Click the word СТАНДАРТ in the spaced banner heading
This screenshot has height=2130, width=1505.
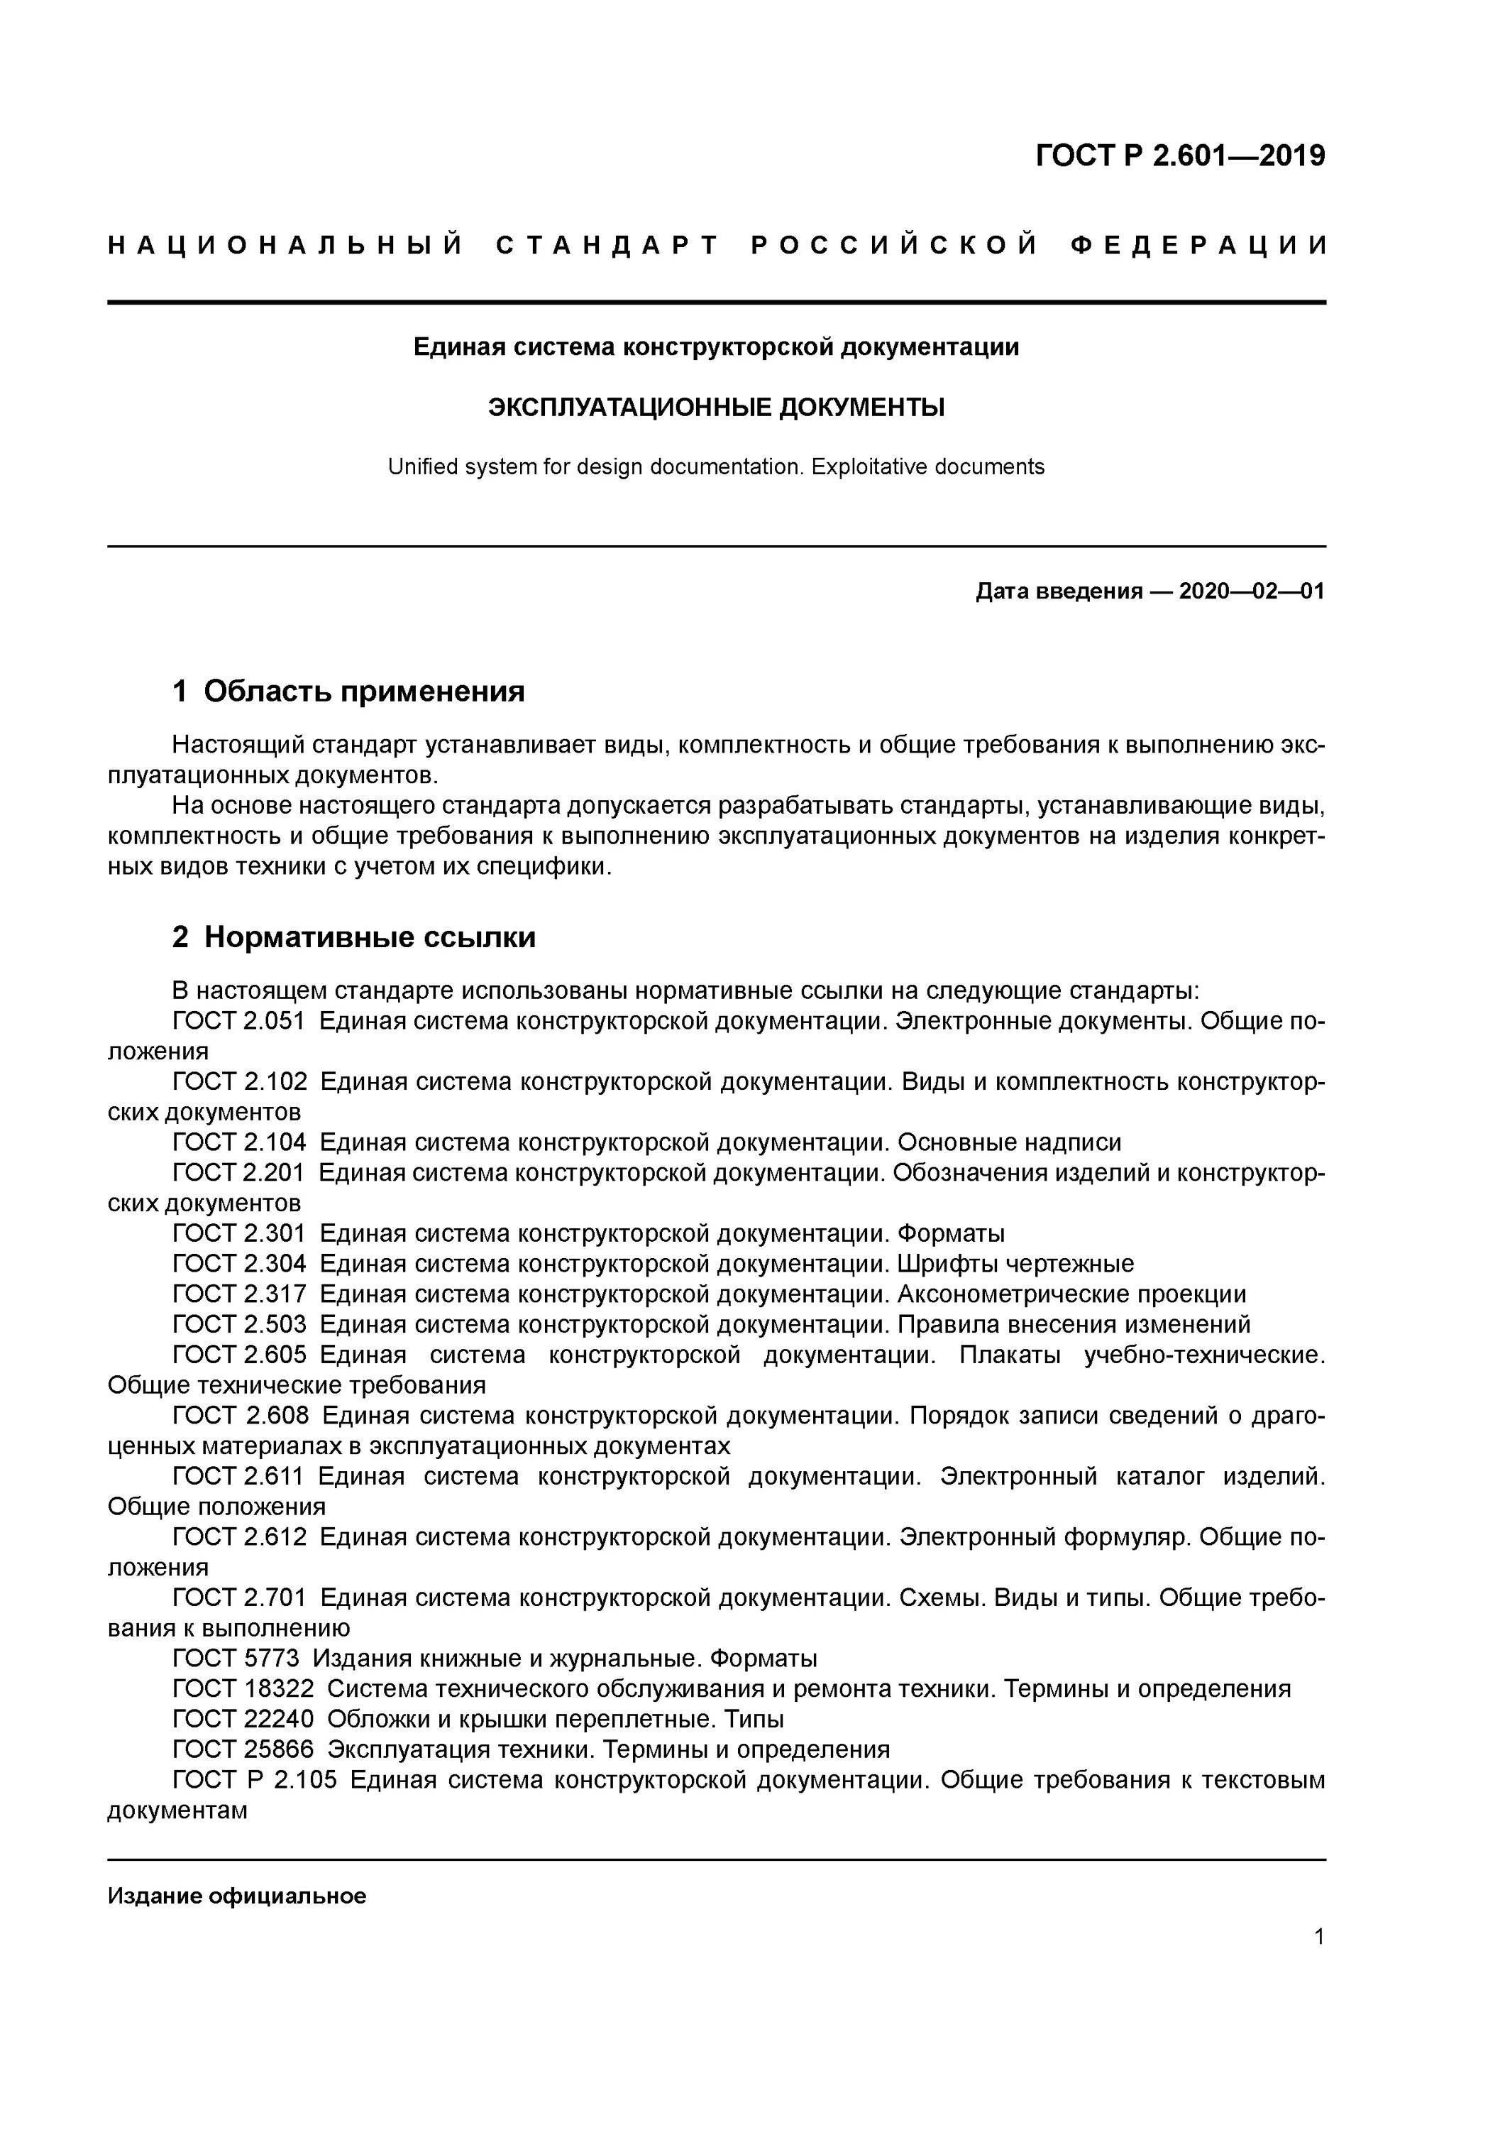click(x=607, y=246)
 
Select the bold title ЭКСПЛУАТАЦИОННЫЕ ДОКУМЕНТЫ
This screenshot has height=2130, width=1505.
click(x=716, y=408)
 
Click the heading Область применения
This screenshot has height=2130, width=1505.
click(x=363, y=691)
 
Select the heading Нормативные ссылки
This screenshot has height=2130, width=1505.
click(x=369, y=938)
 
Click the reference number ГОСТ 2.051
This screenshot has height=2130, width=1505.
click(x=238, y=1022)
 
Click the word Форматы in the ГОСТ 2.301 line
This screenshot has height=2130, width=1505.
click(x=951, y=1234)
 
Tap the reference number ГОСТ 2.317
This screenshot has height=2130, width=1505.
click(x=238, y=1294)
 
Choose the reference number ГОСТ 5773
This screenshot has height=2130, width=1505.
click(x=236, y=1658)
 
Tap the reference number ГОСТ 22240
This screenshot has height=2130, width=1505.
click(x=242, y=1719)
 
